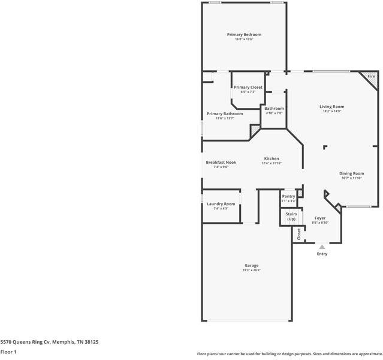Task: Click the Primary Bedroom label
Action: [x=244, y=35]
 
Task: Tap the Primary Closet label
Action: [x=248, y=87]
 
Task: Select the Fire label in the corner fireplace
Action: [x=371, y=77]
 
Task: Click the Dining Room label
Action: [x=352, y=173]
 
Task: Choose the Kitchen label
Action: [x=272, y=158]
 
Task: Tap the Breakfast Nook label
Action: [x=221, y=162]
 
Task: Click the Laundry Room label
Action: [x=221, y=204]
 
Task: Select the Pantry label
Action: [x=288, y=196]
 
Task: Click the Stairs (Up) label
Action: [x=291, y=216]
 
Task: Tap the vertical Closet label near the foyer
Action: [x=298, y=235]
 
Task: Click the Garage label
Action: [x=251, y=265]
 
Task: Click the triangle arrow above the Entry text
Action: [x=322, y=247]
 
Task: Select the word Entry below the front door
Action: [x=322, y=254]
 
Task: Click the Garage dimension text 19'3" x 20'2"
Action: [x=251, y=270]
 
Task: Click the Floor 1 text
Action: [x=8, y=352]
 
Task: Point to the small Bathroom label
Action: [x=274, y=109]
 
